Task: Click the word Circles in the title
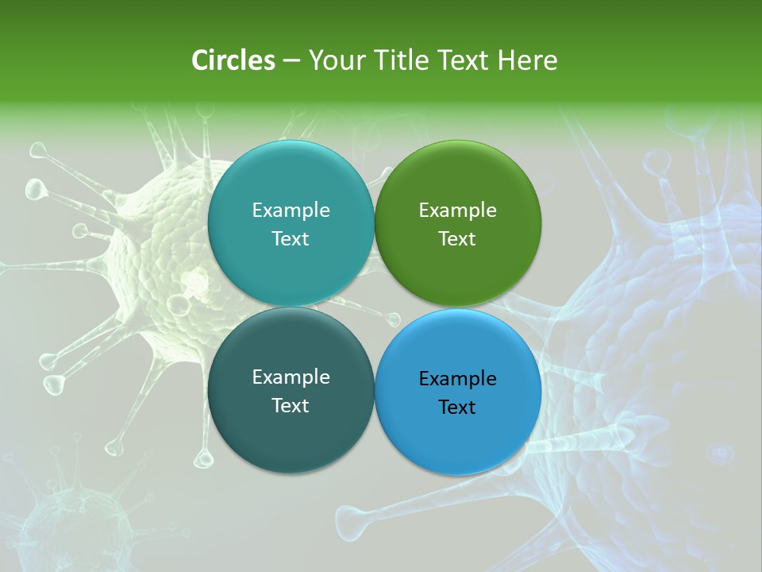(233, 60)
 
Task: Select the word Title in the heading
(401, 60)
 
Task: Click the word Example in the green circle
(458, 211)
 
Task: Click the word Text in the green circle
(457, 239)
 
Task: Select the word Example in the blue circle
(458, 379)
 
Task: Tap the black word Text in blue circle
(457, 408)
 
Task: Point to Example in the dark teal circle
(291, 377)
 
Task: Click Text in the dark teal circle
(291, 406)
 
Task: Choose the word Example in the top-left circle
(291, 211)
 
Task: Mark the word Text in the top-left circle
(291, 239)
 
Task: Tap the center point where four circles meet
(374, 307)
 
